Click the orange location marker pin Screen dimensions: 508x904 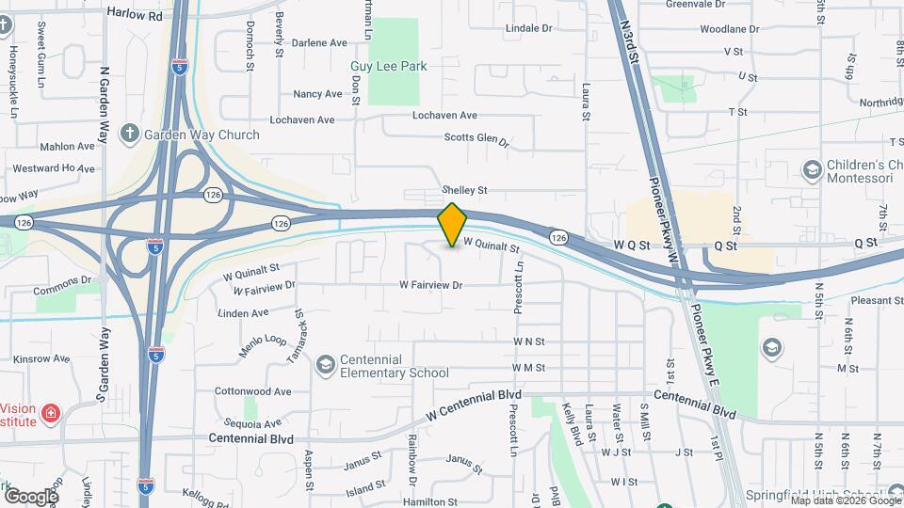click(x=452, y=225)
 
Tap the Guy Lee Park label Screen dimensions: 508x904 click(x=388, y=66)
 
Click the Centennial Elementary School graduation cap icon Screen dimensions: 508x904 click(x=325, y=364)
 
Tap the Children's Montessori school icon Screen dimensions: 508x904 click(x=811, y=170)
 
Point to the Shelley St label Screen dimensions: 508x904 click(x=465, y=190)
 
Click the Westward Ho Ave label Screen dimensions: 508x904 click(x=55, y=168)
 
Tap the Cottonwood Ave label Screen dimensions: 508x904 click(x=252, y=390)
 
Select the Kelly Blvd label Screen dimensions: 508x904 click(x=569, y=424)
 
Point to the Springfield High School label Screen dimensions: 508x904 click(x=827, y=495)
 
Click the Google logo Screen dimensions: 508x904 click(x=31, y=496)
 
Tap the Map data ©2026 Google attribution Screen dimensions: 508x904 click(x=845, y=500)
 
